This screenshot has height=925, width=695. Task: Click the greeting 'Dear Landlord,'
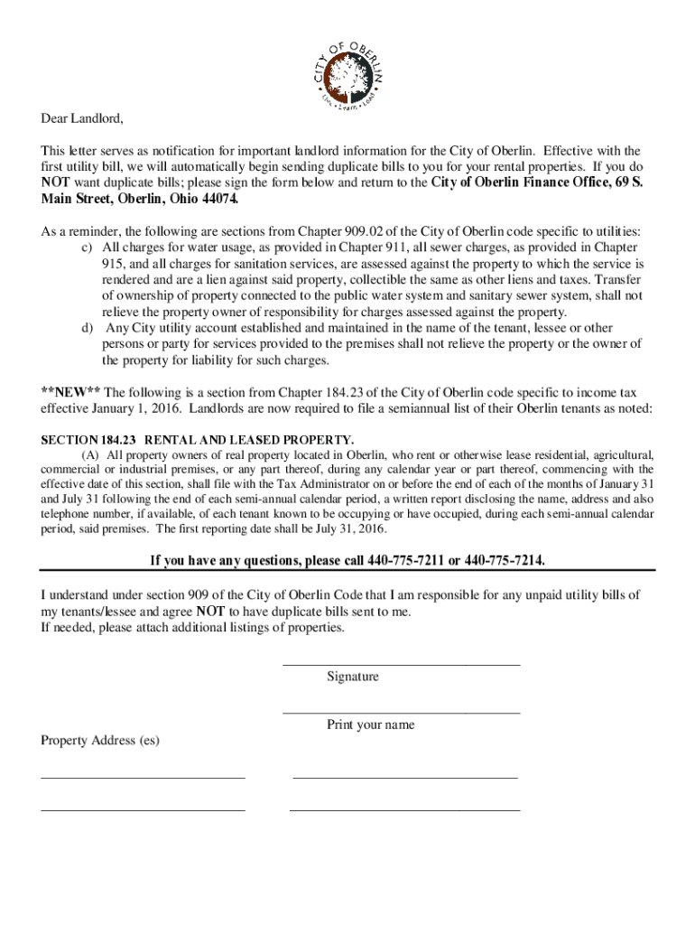click(81, 119)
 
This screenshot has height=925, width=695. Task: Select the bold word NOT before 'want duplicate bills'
click(57, 182)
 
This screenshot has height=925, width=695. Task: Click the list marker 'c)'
click(88, 248)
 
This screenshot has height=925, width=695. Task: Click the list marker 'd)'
click(88, 328)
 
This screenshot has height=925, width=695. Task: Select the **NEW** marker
click(71, 392)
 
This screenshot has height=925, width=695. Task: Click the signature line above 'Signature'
click(402, 665)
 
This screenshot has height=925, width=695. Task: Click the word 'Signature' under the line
click(353, 677)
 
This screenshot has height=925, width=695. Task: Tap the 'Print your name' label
click(371, 724)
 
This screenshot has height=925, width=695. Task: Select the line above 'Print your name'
click(402, 713)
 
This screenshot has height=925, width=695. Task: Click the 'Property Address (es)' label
click(100, 741)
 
